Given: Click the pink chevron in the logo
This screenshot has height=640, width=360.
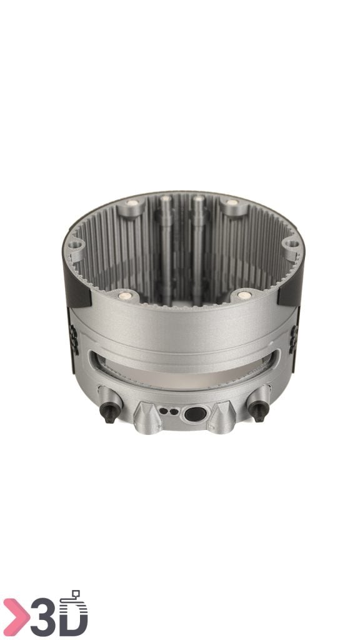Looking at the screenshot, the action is pyautogui.click(x=16, y=617).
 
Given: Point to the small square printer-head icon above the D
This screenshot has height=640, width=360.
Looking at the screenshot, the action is pyautogui.click(x=76, y=594).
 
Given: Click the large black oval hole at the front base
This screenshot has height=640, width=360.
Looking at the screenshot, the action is pyautogui.click(x=195, y=414).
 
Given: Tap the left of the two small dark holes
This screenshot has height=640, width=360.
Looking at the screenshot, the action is pyautogui.click(x=164, y=411).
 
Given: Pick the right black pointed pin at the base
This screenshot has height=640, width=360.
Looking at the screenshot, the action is pyautogui.click(x=259, y=411).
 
